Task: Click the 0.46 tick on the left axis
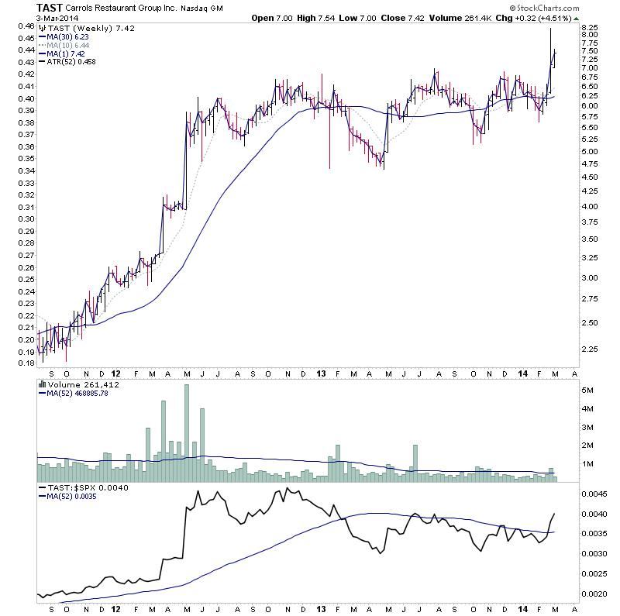tap(26, 26)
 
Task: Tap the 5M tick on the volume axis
tap(588, 391)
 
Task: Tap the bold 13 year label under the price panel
tap(322, 373)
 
